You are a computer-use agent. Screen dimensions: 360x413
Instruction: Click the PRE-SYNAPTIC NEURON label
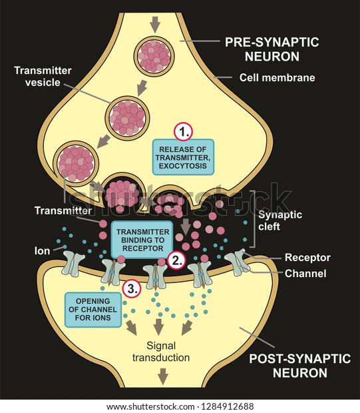tap(272, 49)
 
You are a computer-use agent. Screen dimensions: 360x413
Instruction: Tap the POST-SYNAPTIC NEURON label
tap(300, 366)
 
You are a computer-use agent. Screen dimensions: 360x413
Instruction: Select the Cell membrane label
tap(277, 78)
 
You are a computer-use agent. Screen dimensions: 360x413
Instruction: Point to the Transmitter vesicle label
tap(43, 77)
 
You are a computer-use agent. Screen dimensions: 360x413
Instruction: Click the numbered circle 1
tap(183, 132)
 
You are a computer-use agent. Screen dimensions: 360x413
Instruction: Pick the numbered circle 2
tap(176, 260)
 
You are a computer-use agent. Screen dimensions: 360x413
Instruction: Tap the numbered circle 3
tap(132, 288)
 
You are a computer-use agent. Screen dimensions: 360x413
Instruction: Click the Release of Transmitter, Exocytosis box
tap(183, 157)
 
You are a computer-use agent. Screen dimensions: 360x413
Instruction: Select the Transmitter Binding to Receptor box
tap(142, 240)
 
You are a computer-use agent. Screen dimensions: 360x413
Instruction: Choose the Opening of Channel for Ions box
tap(93, 310)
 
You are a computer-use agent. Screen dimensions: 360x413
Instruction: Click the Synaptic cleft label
tap(280, 220)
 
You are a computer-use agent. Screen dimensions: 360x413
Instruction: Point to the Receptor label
tap(307, 257)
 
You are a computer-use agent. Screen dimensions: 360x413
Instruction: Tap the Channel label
tap(305, 273)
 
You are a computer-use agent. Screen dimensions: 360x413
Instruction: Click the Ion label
tap(42, 250)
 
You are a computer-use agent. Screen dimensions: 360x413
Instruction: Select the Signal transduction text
tap(161, 352)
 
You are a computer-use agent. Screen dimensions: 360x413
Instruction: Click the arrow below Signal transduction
tap(163, 376)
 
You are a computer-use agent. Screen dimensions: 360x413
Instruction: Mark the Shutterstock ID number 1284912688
tap(228, 406)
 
